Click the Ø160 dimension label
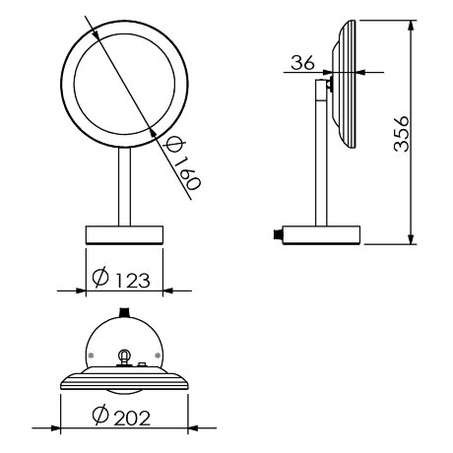[182, 164]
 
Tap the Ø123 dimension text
[121, 279]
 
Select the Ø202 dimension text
[121, 417]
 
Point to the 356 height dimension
[401, 133]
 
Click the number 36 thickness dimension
[302, 62]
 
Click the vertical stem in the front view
[124, 187]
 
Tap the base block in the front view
[124, 235]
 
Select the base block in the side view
[321, 235]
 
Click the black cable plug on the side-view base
[278, 234]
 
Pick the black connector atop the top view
[124, 312]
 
